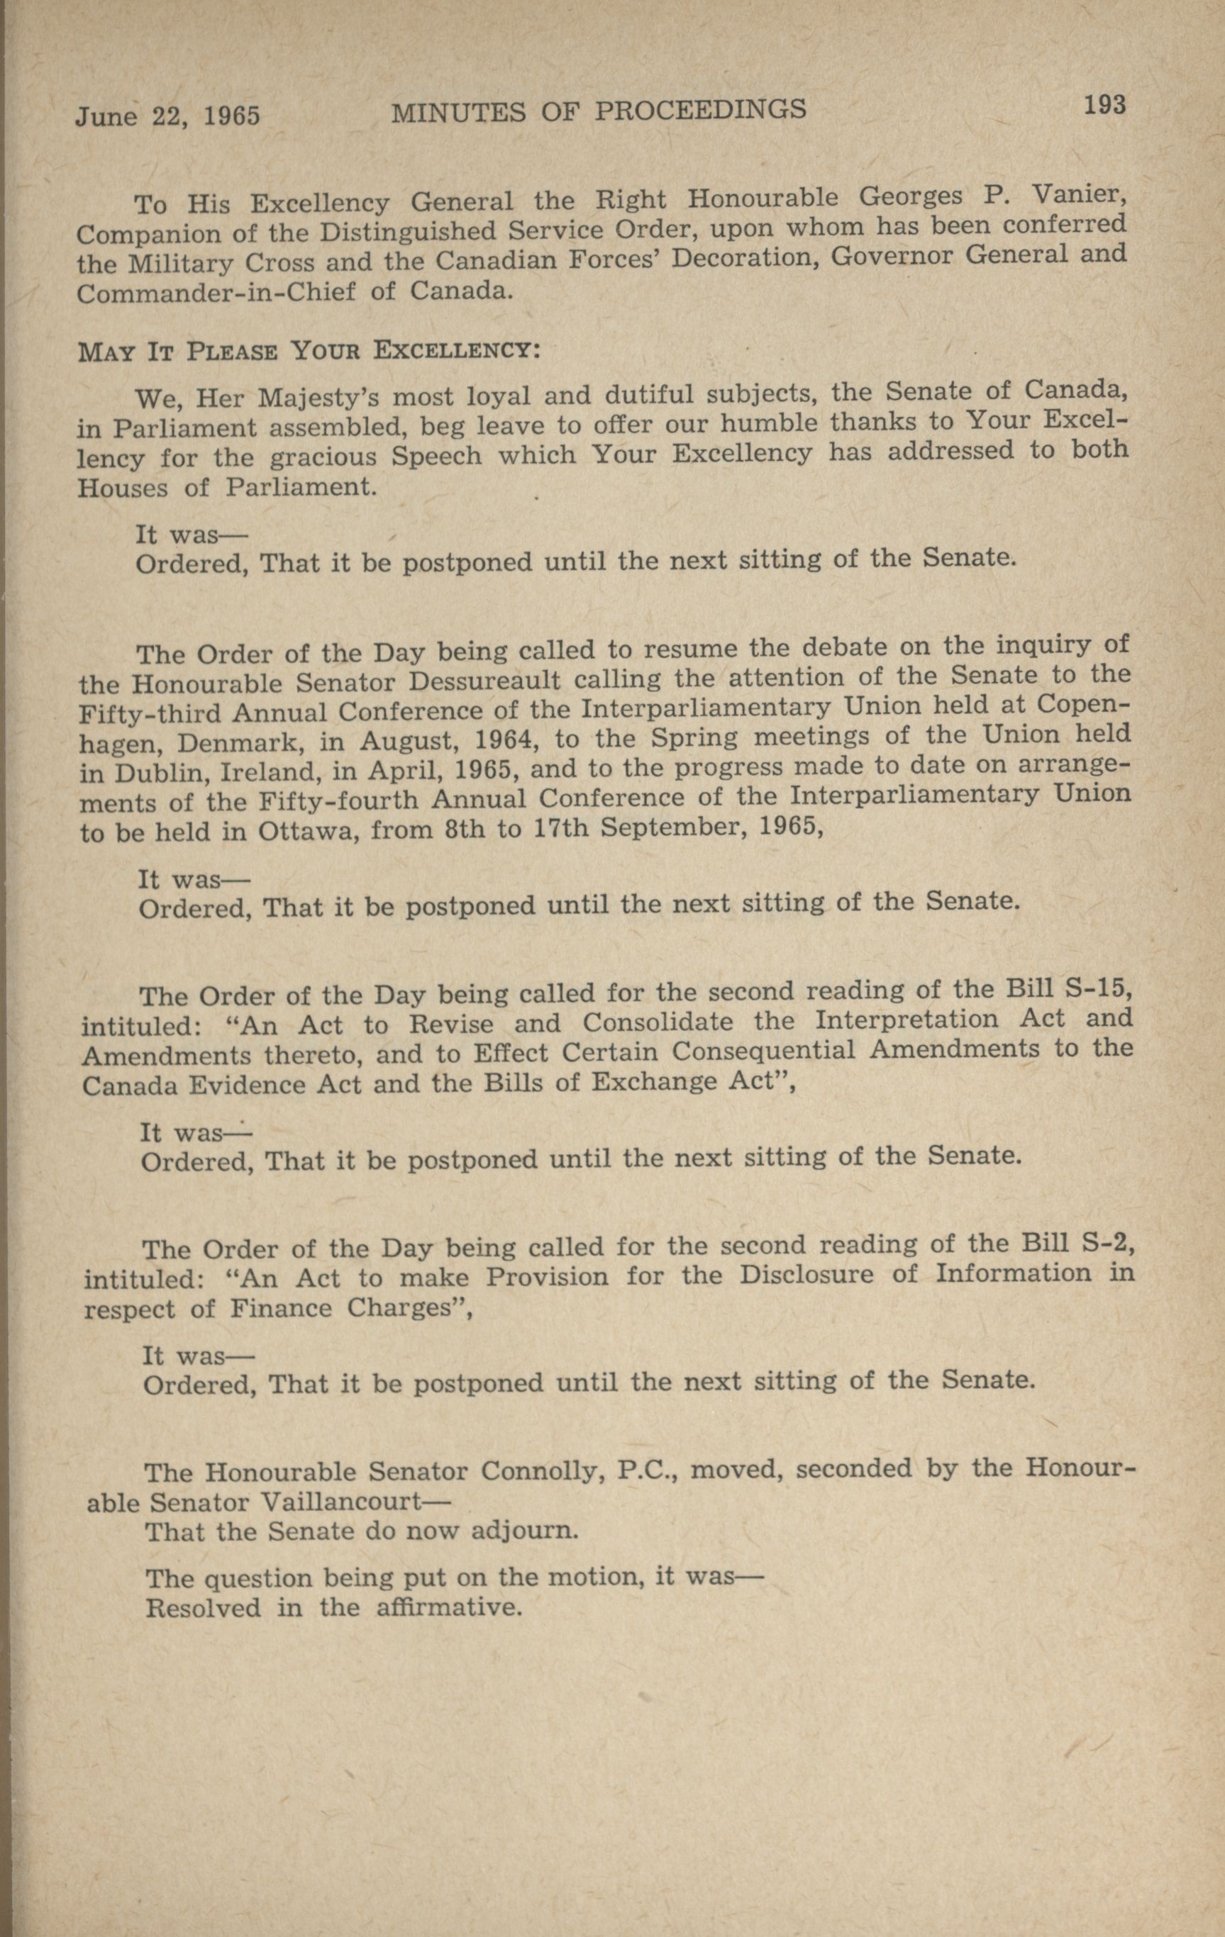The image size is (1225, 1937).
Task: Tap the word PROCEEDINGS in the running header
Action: (x=700, y=110)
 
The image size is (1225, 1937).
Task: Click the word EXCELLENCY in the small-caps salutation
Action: (x=455, y=351)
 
